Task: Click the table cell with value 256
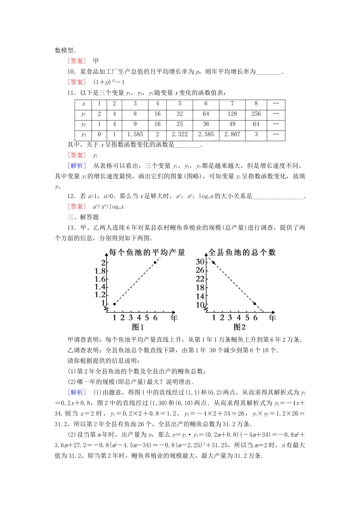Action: [x=256, y=114]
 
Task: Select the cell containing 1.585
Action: [x=135, y=134]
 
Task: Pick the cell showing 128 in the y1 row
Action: [x=232, y=114]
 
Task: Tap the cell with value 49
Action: [x=232, y=124]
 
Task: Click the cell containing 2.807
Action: [x=232, y=134]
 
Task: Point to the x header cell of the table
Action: [x=83, y=103]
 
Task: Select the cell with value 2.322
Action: [x=180, y=134]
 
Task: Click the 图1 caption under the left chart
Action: [x=138, y=327]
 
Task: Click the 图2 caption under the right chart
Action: [x=239, y=327]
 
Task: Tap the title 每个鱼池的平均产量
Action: [x=147, y=253]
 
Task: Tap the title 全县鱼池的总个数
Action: [x=242, y=253]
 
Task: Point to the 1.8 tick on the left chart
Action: [x=100, y=271]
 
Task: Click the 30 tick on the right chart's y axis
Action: [x=200, y=262]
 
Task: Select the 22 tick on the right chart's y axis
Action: [x=200, y=279]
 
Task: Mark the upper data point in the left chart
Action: [x=155, y=262]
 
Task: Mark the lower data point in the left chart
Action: [x=114, y=304]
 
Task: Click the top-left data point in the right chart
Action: [x=214, y=262]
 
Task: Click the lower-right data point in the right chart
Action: [x=255, y=303]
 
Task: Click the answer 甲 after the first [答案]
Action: [x=96, y=61]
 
